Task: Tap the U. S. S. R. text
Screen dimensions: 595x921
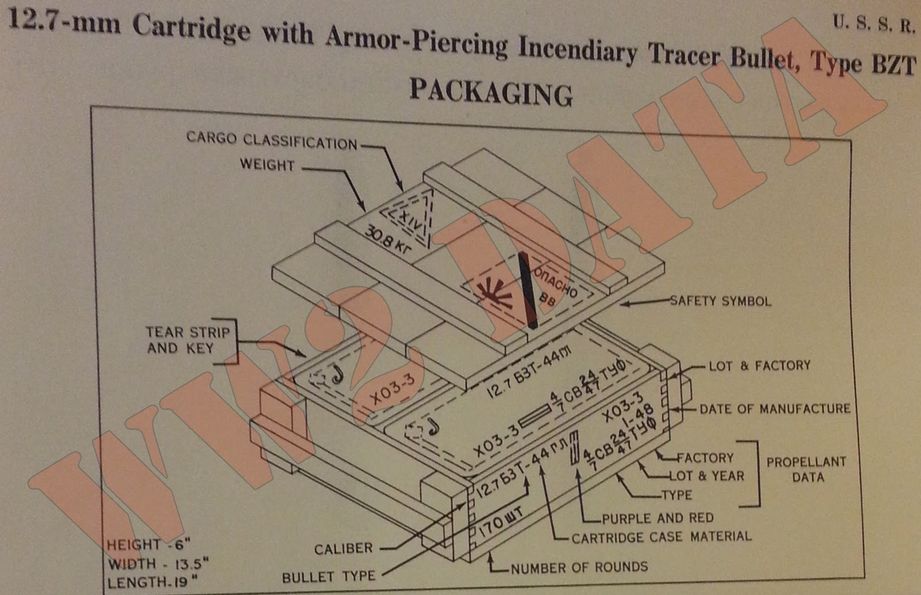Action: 873,25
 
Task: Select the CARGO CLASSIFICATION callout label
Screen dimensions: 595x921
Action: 272,141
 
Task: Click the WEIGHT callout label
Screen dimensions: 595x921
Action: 267,165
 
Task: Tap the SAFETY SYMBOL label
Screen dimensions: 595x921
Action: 720,301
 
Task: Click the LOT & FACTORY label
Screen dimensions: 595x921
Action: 759,366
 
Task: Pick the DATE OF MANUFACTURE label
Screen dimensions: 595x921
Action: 775,409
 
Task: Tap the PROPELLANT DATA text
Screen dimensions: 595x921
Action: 806,469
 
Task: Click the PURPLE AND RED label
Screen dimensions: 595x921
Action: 657,518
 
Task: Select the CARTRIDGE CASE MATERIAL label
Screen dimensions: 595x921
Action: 661,537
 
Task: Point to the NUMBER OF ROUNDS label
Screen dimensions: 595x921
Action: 579,567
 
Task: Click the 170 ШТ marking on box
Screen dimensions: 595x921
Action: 501,525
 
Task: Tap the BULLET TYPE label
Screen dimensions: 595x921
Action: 328,577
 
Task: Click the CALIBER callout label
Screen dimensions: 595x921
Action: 344,549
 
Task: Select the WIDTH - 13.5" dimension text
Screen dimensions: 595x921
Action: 157,564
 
